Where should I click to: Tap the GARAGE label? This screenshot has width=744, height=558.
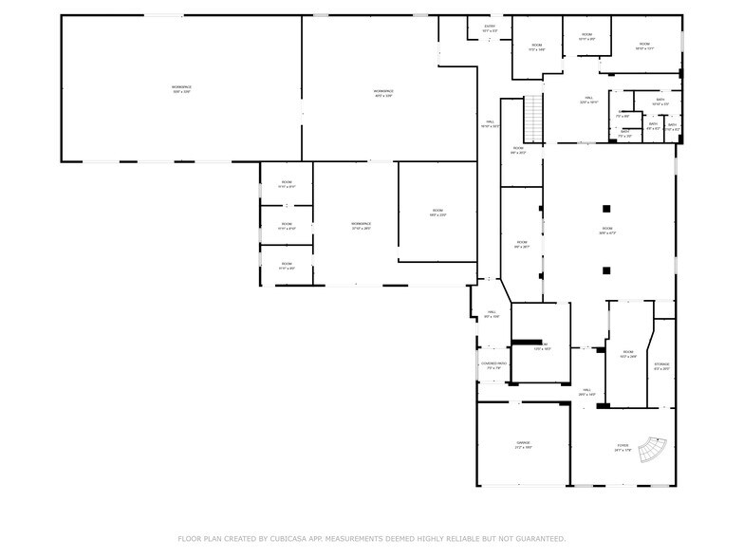(523, 444)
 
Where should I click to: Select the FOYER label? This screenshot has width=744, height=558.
(623, 446)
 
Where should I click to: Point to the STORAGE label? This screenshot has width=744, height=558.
(661, 365)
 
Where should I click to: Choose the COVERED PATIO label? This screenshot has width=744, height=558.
(493, 365)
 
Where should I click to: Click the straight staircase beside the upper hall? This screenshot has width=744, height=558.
(533, 116)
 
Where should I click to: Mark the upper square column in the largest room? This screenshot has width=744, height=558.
(606, 209)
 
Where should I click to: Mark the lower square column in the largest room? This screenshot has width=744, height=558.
(606, 271)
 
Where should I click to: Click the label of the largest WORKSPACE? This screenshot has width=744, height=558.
(181, 89)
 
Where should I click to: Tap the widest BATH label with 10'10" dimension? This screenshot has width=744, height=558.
(660, 102)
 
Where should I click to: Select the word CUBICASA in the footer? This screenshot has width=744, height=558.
(303, 538)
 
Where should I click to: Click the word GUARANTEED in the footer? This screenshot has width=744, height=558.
(537, 538)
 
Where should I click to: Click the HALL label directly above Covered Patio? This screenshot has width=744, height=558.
(492, 313)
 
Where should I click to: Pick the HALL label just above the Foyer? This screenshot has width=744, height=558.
(587, 391)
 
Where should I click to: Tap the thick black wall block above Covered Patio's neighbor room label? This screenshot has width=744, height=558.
(527, 343)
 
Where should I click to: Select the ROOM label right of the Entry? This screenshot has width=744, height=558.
(536, 47)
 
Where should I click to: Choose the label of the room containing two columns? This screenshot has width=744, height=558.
(606, 231)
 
